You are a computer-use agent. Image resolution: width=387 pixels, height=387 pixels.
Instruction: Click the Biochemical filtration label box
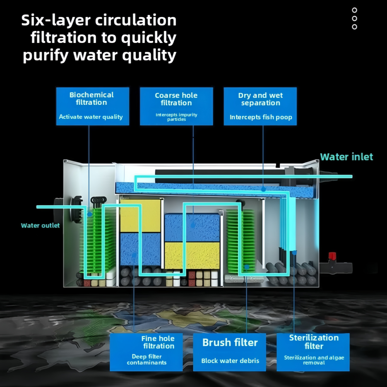pos(92,106)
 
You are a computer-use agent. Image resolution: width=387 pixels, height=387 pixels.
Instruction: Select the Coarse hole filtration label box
pos(176,106)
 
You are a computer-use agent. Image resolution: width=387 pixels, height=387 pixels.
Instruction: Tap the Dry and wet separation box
pos(260,106)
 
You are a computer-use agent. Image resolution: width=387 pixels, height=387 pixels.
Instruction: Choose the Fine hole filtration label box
pos(146,352)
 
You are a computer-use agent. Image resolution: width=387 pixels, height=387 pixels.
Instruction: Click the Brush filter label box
pos(229,352)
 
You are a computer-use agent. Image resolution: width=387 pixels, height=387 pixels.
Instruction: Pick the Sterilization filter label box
pos(313,352)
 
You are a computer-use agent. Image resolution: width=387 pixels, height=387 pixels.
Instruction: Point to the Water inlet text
pos(346,157)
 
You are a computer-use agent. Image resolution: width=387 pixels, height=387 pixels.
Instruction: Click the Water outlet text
pos(40,225)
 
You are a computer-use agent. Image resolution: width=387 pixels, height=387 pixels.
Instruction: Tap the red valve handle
pos(332,256)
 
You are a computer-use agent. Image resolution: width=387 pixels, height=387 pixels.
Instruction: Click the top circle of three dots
pos(354,10)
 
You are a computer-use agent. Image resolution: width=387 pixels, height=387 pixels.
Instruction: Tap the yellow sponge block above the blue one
pos(140,216)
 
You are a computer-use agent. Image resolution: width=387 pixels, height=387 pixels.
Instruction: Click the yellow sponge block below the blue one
pos(192,255)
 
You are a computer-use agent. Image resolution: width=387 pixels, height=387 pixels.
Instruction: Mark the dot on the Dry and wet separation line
pos(263,189)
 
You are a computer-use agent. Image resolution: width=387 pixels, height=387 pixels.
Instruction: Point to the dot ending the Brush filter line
pos(247,267)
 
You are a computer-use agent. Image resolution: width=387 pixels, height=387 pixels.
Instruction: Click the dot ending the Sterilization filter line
pos(294,252)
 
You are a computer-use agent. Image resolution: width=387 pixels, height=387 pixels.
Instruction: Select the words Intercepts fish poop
pos(261,117)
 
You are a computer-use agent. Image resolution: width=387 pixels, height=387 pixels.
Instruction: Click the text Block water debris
pos(230,361)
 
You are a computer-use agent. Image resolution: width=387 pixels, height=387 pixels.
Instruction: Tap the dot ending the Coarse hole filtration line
pos(193,225)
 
